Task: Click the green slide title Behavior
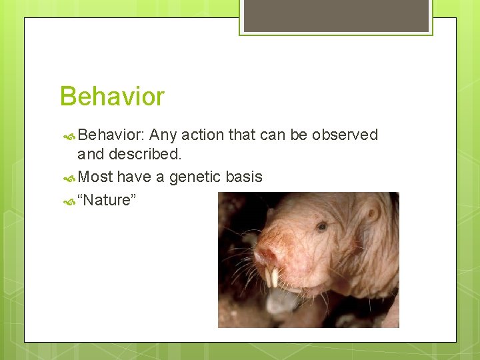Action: pos(112,97)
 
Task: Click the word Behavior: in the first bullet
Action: pos(111,135)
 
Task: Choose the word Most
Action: pos(95,177)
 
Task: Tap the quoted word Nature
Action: pos(107,199)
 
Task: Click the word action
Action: pos(203,135)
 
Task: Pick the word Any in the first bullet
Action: pos(163,135)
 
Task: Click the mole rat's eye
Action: pos(321,227)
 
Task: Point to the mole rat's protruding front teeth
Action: pos(271,276)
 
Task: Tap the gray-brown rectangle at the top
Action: pos(335,15)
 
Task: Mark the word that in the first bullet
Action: pos(242,135)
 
